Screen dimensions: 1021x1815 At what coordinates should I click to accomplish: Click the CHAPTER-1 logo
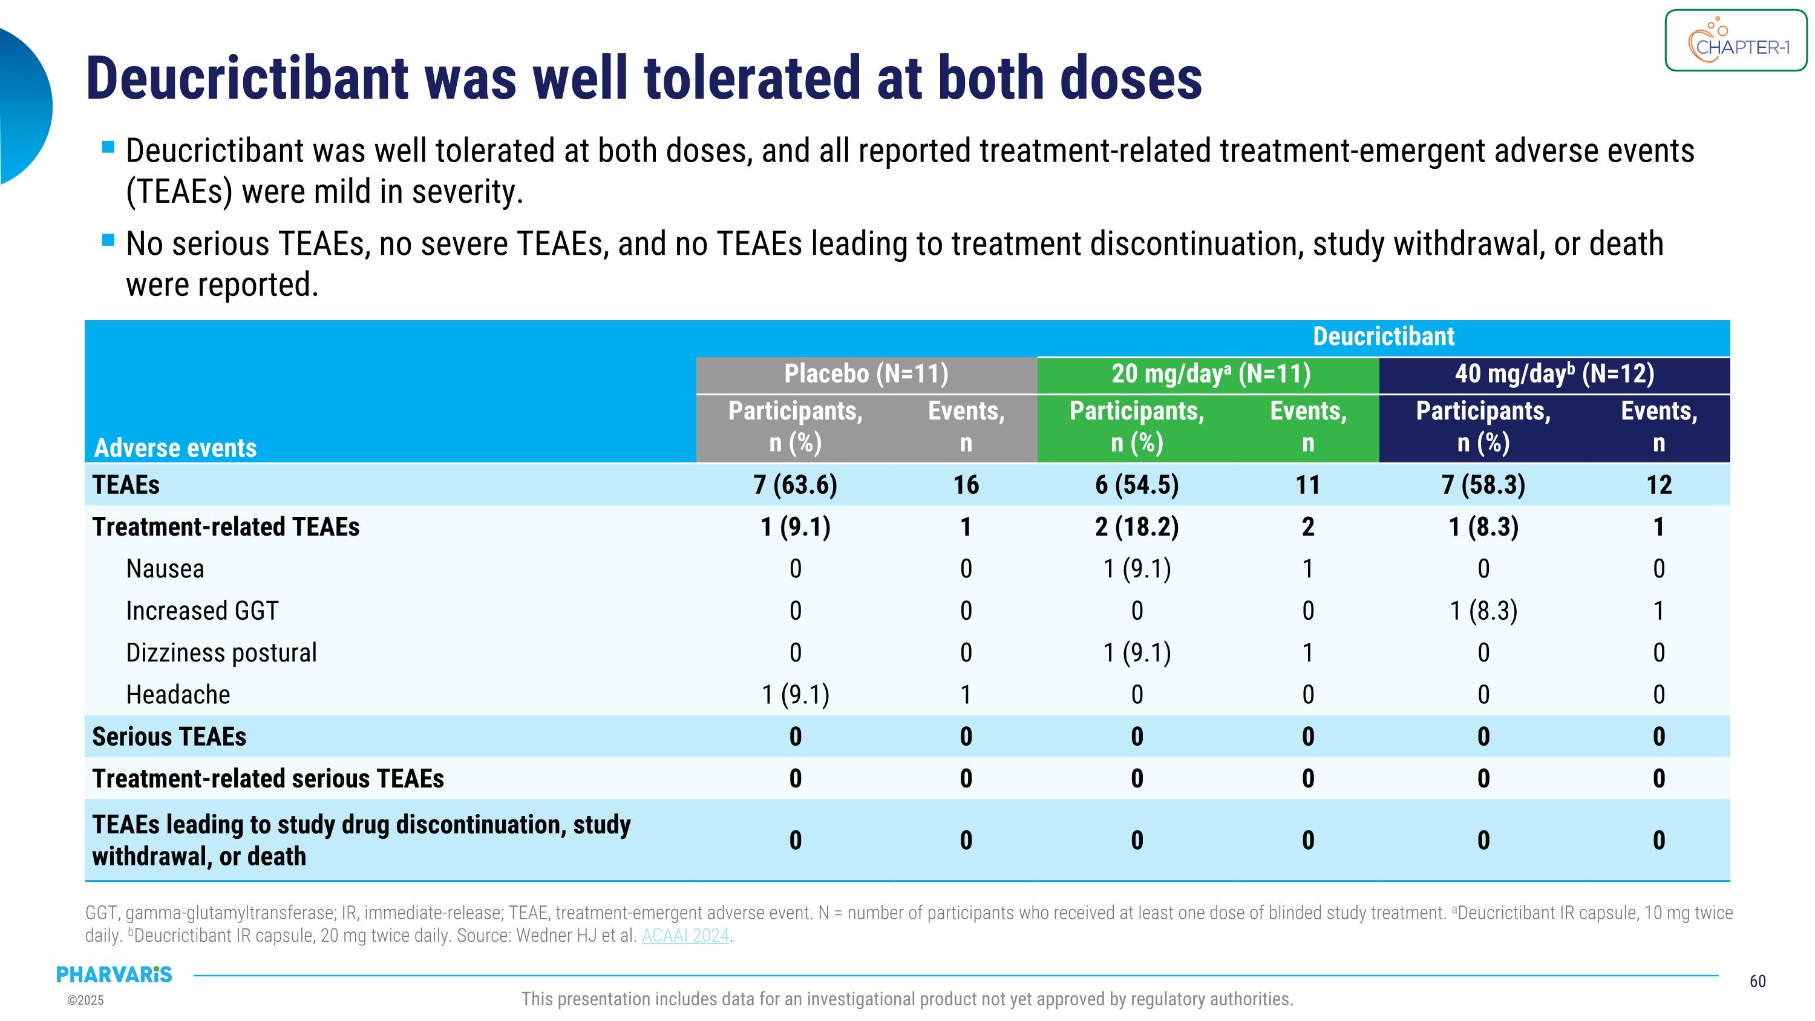coord(1735,41)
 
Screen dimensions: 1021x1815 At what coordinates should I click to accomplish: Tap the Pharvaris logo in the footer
coord(114,974)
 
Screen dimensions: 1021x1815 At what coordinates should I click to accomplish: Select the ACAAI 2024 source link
coord(685,936)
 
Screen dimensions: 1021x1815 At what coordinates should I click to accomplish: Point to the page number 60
coord(1758,981)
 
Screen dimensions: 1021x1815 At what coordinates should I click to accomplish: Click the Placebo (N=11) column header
coord(866,373)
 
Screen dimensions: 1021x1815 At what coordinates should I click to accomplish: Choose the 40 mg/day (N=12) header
coord(1554,373)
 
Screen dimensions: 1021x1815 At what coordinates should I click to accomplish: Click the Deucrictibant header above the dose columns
coord(1383,337)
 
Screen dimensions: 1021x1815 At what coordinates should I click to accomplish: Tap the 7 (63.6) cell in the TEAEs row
coord(796,485)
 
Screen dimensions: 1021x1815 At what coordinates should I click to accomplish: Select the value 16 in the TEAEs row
coord(966,485)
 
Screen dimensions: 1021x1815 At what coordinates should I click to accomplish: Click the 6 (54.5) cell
coord(1136,485)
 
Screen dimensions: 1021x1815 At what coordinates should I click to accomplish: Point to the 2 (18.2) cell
coord(1136,527)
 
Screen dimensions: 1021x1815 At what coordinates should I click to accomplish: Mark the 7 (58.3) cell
coord(1483,485)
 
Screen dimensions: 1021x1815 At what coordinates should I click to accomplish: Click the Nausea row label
coord(165,569)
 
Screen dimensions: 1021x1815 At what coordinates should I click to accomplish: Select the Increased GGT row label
coord(202,611)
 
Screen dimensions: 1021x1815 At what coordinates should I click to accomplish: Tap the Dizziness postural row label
coord(221,652)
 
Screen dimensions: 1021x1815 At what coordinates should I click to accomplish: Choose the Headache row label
coord(178,695)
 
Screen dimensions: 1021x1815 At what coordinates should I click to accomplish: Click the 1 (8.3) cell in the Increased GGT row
coord(1483,611)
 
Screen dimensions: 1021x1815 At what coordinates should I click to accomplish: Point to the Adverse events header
coord(175,448)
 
